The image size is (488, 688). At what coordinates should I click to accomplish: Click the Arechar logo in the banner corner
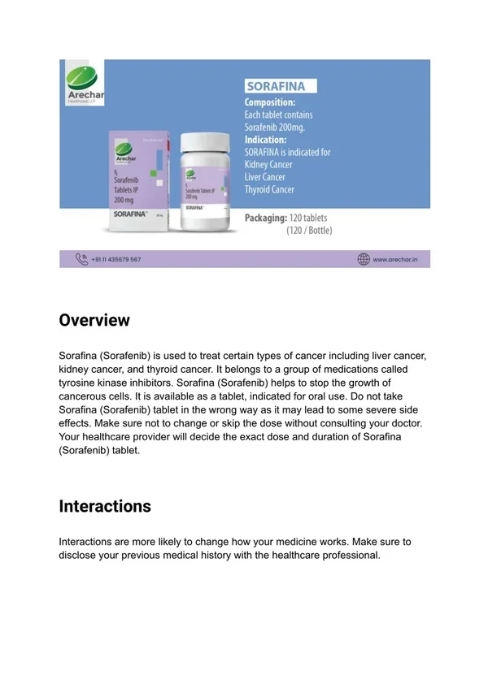tap(82, 83)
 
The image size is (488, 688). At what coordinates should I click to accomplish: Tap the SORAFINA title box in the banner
tap(281, 87)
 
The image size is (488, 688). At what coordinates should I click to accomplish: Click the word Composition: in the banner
tap(270, 103)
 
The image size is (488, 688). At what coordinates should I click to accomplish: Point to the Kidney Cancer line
tap(269, 165)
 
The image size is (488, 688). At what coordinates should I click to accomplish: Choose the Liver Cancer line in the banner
tap(266, 177)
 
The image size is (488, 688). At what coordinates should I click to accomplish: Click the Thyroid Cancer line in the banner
tap(270, 190)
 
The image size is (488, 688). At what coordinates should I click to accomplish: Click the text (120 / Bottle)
tap(309, 231)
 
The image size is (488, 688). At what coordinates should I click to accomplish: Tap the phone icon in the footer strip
tap(81, 259)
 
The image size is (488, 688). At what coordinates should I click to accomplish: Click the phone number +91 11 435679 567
tap(116, 259)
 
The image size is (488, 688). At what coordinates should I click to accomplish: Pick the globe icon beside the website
tap(364, 259)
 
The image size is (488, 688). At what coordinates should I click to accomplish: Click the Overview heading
tap(94, 320)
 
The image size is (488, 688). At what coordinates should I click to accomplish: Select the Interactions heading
tap(105, 506)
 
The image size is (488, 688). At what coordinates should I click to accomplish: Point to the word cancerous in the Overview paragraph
tap(85, 396)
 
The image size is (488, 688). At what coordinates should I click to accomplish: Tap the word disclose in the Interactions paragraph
tap(79, 555)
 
